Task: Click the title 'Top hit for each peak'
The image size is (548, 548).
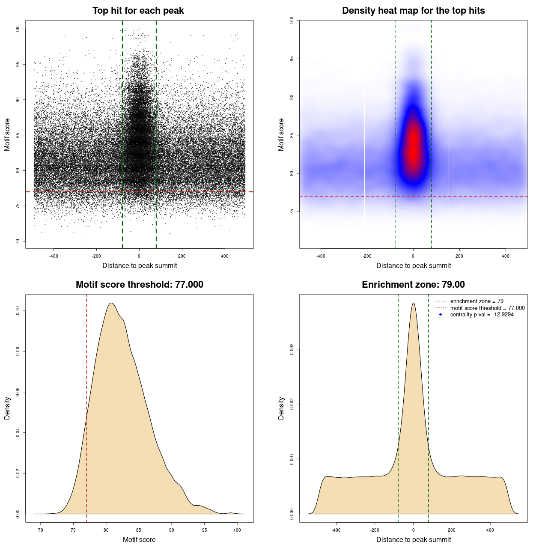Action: click(x=138, y=11)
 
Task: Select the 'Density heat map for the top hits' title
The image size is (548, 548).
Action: click(x=413, y=11)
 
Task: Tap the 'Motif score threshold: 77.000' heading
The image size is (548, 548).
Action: click(x=139, y=285)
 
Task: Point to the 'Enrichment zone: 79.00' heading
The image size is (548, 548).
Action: click(x=413, y=285)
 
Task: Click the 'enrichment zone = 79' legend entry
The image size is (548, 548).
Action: click(x=477, y=301)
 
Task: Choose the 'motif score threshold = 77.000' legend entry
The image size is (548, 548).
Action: click(x=487, y=308)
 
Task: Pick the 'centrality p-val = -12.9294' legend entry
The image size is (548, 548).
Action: click(x=482, y=315)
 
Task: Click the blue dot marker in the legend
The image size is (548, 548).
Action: click(x=441, y=315)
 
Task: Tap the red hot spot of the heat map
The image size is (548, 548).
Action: click(x=413, y=146)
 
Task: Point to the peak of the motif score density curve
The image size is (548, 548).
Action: click(x=111, y=303)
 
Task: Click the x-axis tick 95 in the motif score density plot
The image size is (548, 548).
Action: click(x=205, y=530)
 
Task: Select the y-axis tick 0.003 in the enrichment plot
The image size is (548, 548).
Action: click(x=292, y=349)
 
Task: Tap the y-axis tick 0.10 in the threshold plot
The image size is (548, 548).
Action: click(x=18, y=311)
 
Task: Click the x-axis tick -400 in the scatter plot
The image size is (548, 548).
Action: click(x=54, y=256)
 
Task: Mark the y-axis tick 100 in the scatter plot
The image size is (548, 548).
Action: click(x=18, y=29)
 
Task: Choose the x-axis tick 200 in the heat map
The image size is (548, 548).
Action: click(x=459, y=256)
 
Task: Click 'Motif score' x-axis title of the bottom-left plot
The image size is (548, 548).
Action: click(x=139, y=539)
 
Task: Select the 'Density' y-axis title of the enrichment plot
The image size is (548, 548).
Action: click(x=281, y=408)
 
